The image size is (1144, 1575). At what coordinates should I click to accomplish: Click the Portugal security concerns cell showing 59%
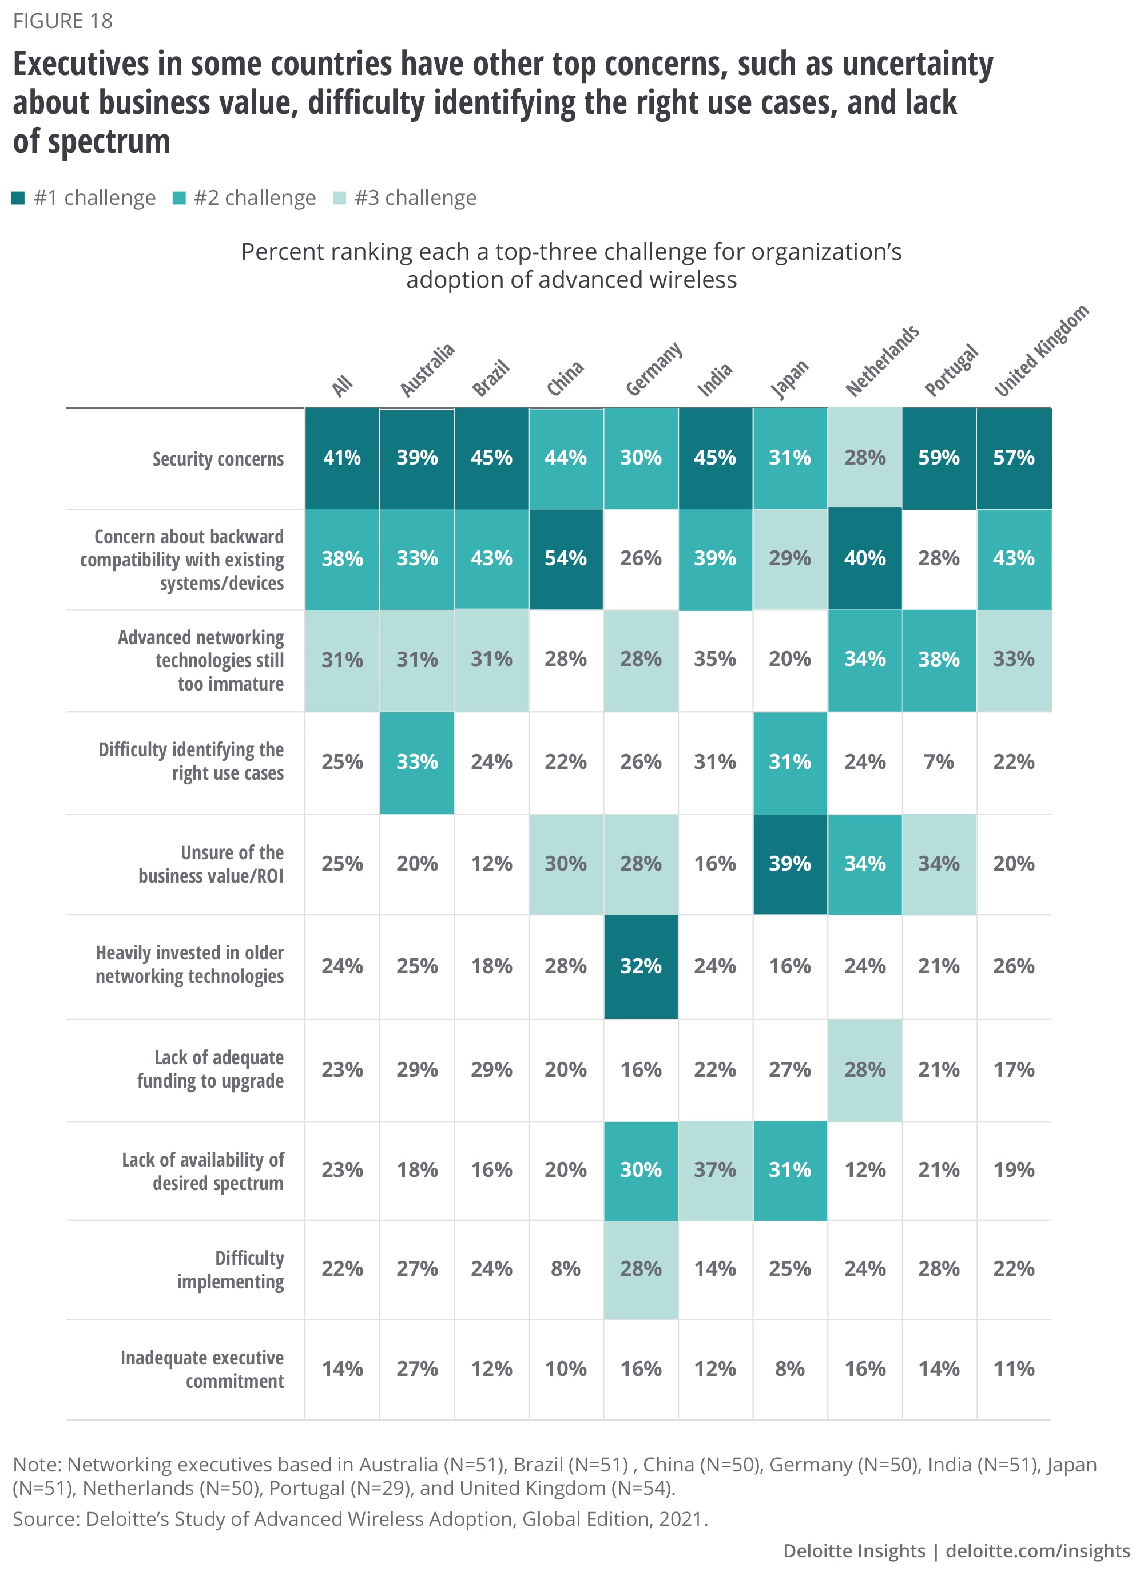pyautogui.click(x=939, y=458)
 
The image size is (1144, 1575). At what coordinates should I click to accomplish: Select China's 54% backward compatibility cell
pyautogui.click(x=565, y=558)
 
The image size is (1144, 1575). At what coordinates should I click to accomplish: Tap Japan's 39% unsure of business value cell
pyautogui.click(x=789, y=864)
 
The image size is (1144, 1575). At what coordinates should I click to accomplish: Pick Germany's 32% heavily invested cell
pyautogui.click(x=640, y=966)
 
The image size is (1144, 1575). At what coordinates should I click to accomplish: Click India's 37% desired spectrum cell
pyautogui.click(x=714, y=1169)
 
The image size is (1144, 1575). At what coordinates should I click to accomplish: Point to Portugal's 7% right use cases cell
pyautogui.click(x=939, y=762)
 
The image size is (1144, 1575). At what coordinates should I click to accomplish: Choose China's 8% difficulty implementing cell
pyautogui.click(x=565, y=1269)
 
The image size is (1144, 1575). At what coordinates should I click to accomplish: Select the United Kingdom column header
pyautogui.click(x=1040, y=351)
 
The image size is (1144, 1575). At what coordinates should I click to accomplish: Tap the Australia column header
pyautogui.click(x=427, y=370)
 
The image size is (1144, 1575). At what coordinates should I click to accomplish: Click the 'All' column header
pyautogui.click(x=341, y=386)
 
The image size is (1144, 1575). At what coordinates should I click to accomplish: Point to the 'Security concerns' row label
pyautogui.click(x=218, y=459)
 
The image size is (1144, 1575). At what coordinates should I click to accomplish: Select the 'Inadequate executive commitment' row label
pyautogui.click(x=202, y=1368)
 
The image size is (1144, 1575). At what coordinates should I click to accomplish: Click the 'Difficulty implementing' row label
pyautogui.click(x=231, y=1269)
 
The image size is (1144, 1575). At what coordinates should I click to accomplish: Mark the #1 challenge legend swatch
pyautogui.click(x=19, y=199)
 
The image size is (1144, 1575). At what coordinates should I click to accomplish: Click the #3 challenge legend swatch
pyautogui.click(x=339, y=199)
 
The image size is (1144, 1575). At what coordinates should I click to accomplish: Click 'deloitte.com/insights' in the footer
pyautogui.click(x=1037, y=1551)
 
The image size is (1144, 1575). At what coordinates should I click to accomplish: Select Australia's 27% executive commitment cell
pyautogui.click(x=416, y=1368)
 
